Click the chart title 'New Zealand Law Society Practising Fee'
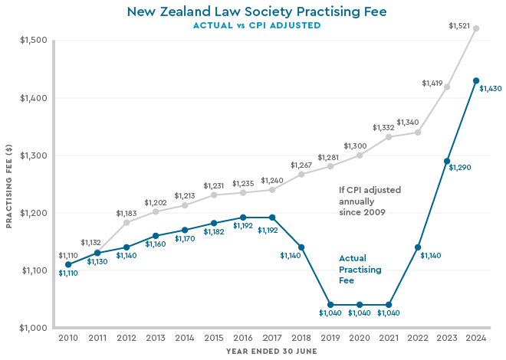[256, 11]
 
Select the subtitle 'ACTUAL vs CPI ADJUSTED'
[256, 25]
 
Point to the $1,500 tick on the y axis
[31, 41]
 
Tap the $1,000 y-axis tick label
[31, 328]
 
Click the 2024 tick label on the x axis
[476, 337]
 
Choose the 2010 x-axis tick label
[68, 337]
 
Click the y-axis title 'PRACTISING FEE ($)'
[9, 184]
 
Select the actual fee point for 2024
[476, 80]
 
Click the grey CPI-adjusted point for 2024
[476, 28]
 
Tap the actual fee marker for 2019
[330, 305]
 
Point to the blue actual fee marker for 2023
[447, 161]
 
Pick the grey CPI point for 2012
[127, 222]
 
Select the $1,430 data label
[491, 89]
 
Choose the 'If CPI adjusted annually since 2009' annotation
[370, 200]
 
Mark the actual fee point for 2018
[301, 247]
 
